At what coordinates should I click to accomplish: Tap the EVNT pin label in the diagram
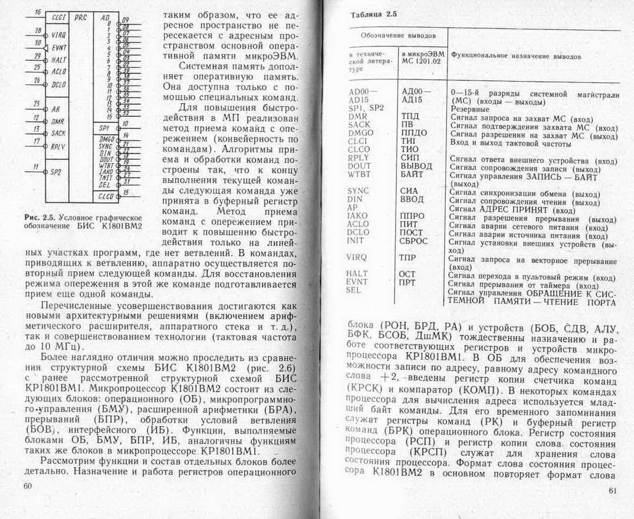(58, 48)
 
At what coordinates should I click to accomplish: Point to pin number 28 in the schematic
(37, 30)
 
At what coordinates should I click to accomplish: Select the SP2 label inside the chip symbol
(57, 172)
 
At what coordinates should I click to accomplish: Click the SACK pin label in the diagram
(58, 134)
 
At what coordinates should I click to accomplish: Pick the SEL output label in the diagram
(105, 184)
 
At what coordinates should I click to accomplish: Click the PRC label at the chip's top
(81, 18)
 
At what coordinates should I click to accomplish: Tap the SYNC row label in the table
(358, 191)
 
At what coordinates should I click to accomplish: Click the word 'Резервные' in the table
(469, 109)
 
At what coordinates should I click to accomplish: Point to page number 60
(27, 485)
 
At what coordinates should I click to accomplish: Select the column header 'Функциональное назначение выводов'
(515, 57)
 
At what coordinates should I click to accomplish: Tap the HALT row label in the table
(357, 274)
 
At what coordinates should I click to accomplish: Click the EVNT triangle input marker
(47, 47)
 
